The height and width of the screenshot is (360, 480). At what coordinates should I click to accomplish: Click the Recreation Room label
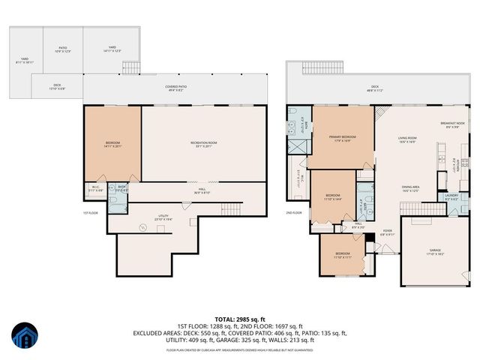202,144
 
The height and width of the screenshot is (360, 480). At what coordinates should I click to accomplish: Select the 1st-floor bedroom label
112,145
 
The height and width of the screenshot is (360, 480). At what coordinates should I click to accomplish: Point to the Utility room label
163,216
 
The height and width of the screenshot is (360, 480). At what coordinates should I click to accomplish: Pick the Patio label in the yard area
63,49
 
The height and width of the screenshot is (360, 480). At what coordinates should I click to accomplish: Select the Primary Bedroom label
342,139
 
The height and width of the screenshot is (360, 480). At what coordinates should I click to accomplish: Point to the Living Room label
407,139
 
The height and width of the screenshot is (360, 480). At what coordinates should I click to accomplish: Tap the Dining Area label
410,188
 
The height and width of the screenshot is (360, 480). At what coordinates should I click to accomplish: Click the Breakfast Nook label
452,124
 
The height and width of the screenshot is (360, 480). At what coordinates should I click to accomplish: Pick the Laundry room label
451,196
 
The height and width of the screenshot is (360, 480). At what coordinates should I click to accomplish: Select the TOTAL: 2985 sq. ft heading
240,318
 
